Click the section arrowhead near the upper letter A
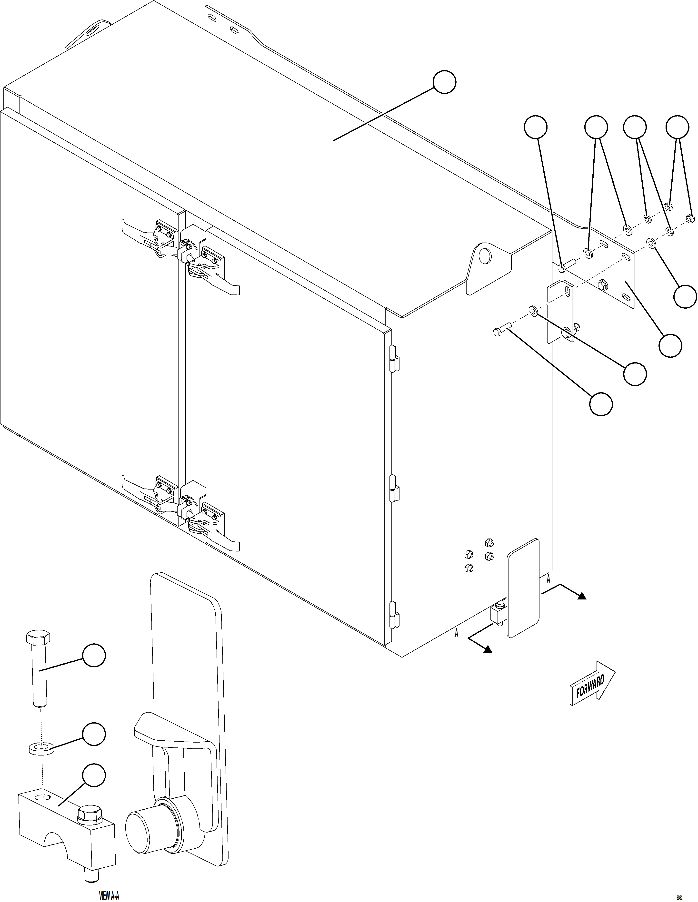[582, 596]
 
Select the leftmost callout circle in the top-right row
[535, 127]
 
